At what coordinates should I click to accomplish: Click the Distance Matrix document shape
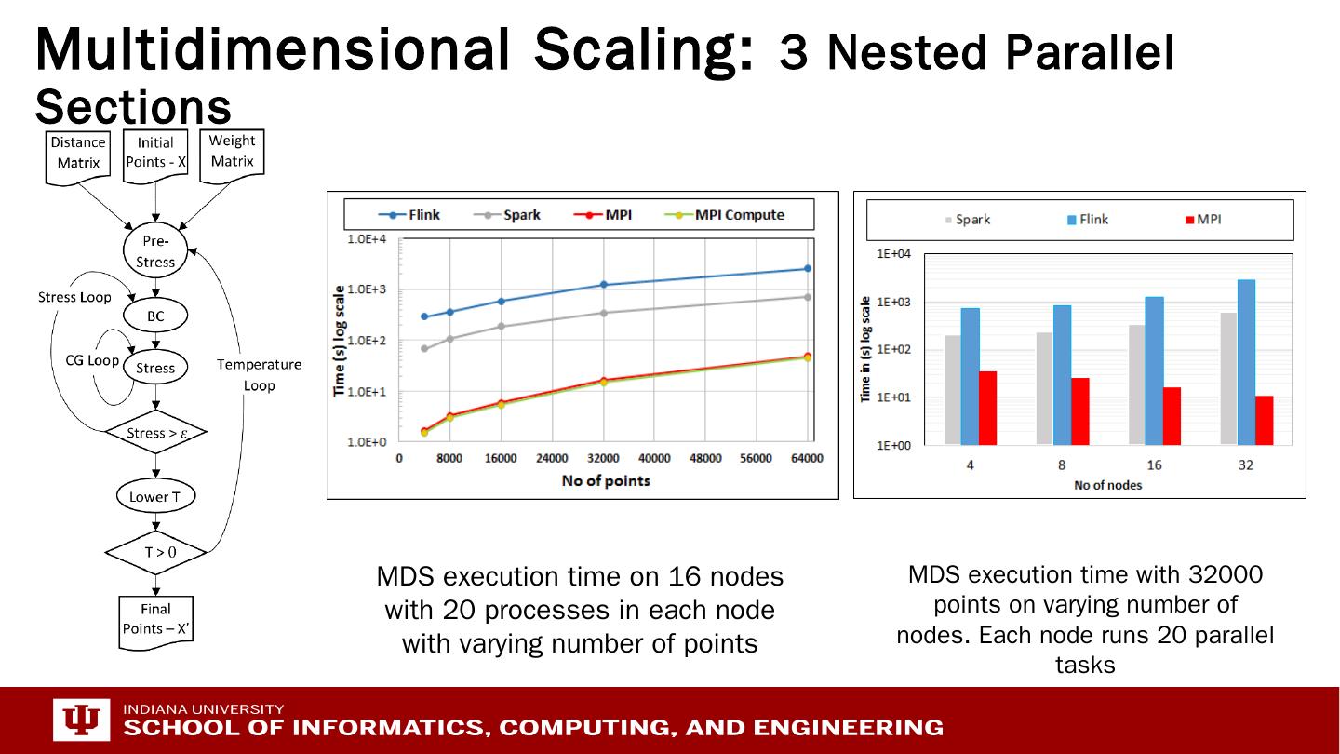[77, 154]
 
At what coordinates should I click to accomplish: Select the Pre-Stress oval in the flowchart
[155, 251]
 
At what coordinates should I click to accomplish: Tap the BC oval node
[155, 316]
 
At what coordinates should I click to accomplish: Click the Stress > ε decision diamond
[155, 433]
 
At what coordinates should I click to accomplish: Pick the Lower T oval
[155, 497]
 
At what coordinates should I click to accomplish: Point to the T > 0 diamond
[155, 552]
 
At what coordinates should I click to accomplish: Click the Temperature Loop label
[259, 375]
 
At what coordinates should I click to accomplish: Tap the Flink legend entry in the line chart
[410, 215]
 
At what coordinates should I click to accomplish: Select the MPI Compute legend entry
[726, 215]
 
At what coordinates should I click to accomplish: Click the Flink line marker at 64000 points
[808, 269]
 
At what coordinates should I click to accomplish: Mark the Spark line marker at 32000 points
[604, 313]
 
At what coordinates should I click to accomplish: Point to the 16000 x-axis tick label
[501, 459]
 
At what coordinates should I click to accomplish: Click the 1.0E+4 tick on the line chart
[368, 240]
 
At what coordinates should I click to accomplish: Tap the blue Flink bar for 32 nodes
[1246, 362]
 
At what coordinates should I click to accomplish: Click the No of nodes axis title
[1107, 485]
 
